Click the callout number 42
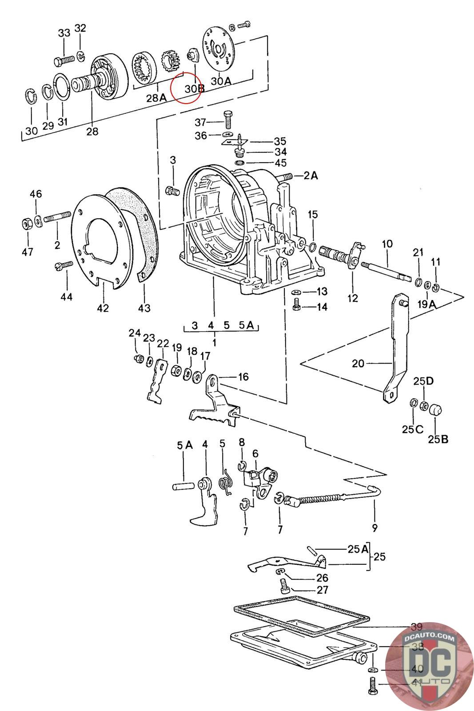coord(103,308)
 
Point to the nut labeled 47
coord(26,224)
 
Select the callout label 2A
coord(311,176)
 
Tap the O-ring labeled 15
coord(313,247)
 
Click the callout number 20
coord(358,363)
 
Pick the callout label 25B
coord(438,439)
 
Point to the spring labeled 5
coord(226,482)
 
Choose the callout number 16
coord(243,377)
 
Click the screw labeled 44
coord(65,265)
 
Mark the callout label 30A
coord(221,81)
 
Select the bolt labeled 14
coord(296,305)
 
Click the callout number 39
coord(416,627)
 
